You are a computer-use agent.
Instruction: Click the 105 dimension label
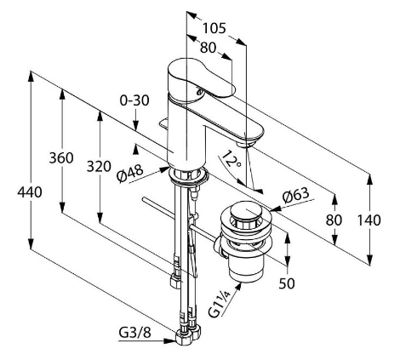(x=214, y=28)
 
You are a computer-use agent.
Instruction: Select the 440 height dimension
(x=30, y=192)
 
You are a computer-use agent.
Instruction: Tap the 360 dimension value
(x=61, y=157)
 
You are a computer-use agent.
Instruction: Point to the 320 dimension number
(x=99, y=167)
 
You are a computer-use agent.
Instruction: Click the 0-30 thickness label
(x=134, y=100)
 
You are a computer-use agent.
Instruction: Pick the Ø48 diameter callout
(x=130, y=174)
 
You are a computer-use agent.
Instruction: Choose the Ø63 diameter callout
(x=296, y=196)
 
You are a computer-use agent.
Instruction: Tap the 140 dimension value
(x=369, y=220)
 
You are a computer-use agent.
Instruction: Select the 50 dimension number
(x=287, y=283)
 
